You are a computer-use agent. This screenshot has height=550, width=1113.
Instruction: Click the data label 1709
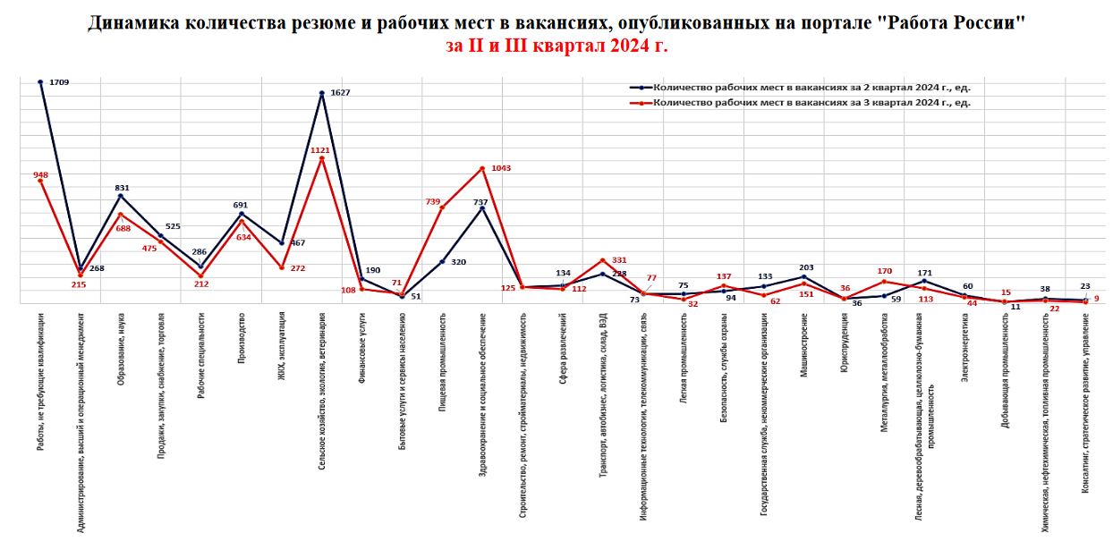pos(59,82)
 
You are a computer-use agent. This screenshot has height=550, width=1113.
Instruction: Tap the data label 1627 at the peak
pos(339,93)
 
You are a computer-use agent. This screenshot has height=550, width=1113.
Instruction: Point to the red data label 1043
pos(501,168)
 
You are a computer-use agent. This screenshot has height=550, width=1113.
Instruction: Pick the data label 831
pos(122,188)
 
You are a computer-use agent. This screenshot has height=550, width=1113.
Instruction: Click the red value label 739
pos(433,202)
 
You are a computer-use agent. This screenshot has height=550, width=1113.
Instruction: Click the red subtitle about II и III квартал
pos(556,46)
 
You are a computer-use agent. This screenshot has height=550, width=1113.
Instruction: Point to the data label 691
pos(240,205)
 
